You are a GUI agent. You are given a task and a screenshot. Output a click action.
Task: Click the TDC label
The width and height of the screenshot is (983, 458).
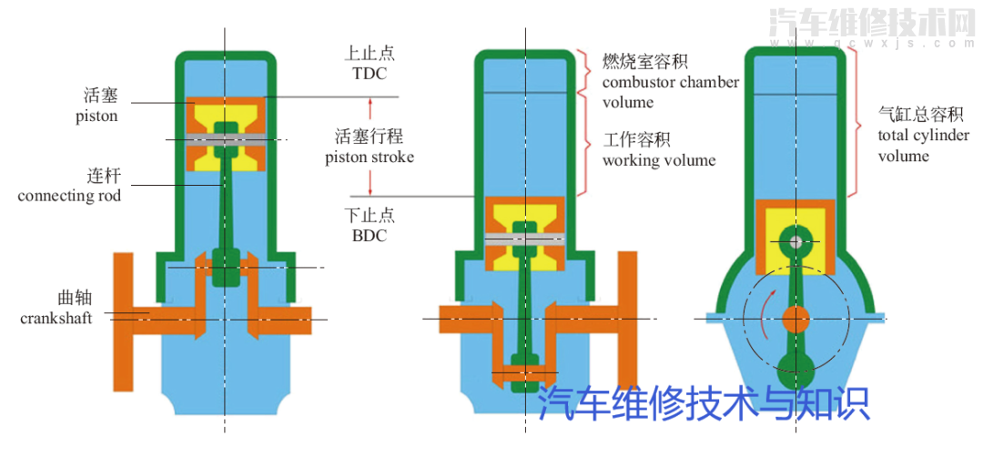pyautogui.click(x=370, y=73)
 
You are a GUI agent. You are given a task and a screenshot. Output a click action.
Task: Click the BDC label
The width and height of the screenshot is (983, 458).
pyautogui.click(x=370, y=235)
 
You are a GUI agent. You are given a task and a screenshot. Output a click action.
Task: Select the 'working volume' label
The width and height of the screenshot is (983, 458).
pyautogui.click(x=659, y=160)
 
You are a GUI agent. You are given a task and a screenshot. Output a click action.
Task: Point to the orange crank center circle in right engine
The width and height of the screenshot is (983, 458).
pyautogui.click(x=796, y=319)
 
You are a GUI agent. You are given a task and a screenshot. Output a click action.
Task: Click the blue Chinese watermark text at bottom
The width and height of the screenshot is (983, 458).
pyautogui.click(x=704, y=403)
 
